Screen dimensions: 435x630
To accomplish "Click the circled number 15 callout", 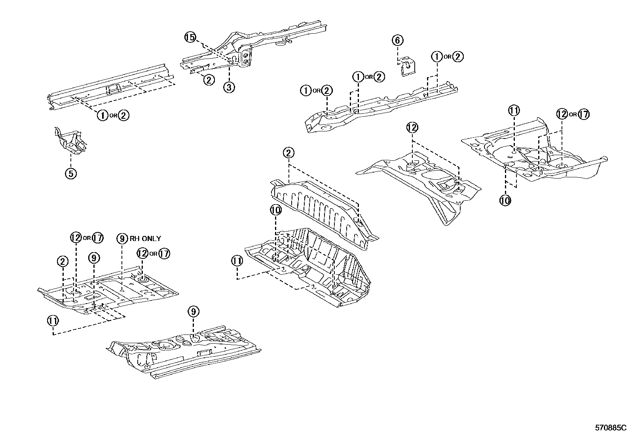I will tap(190, 38).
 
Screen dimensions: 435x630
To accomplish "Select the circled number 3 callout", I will tap(229, 87).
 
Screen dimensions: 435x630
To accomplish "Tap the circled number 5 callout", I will tap(71, 173).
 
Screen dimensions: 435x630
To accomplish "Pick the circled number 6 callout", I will tap(398, 40).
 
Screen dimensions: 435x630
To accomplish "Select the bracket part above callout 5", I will tap(70, 141).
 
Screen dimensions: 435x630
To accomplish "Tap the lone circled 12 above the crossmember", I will tap(412, 127).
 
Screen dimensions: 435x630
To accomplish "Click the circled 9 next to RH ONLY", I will tap(123, 238).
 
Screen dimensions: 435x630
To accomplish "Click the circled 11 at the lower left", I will tap(53, 321).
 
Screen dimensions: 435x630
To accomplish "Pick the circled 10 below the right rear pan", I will tap(505, 200).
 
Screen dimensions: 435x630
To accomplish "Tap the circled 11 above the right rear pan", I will tap(514, 110).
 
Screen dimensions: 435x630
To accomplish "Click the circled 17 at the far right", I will tap(583, 114).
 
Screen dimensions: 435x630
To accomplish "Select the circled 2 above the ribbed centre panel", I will tap(288, 153).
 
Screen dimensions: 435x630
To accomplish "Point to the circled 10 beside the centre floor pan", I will tap(275, 209).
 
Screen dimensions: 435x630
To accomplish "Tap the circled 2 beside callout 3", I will tap(209, 80).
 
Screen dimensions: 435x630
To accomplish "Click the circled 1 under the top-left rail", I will tap(102, 115).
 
